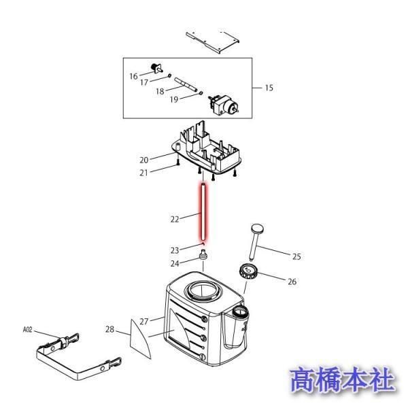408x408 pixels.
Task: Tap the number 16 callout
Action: [133, 75]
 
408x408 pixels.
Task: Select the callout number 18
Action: [160, 91]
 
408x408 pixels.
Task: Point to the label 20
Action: [143, 160]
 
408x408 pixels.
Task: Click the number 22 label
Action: [175, 219]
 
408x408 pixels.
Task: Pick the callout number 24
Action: [175, 263]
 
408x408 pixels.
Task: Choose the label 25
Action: [296, 256]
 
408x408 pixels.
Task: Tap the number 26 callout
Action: [292, 281]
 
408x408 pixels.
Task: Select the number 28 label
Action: [109, 330]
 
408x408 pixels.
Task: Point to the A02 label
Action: [27, 329]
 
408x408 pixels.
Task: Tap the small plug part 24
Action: [203, 256]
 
